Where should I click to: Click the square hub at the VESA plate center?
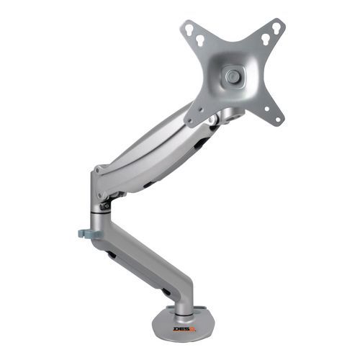pyautogui.click(x=232, y=75)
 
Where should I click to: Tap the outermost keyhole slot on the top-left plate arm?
pyautogui.click(x=189, y=30)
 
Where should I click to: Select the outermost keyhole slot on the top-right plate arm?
pyautogui.click(x=276, y=27)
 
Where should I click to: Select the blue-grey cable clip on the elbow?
pyautogui.click(x=84, y=234)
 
